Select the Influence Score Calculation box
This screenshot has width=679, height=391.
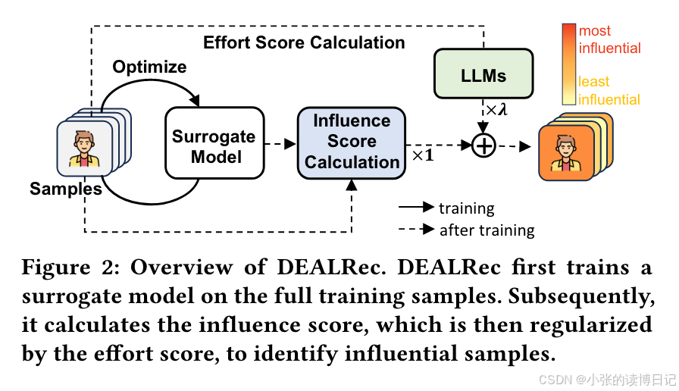click(352, 142)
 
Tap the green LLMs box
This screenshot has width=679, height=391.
click(483, 76)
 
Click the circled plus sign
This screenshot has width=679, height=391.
click(483, 145)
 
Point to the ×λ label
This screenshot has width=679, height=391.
click(497, 111)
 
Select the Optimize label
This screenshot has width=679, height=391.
click(149, 67)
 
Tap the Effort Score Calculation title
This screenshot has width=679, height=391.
click(304, 42)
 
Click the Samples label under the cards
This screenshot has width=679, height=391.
click(66, 189)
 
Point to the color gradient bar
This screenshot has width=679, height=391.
click(568, 64)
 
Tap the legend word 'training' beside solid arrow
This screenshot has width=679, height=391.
click(466, 208)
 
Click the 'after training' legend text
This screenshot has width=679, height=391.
click(487, 230)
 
